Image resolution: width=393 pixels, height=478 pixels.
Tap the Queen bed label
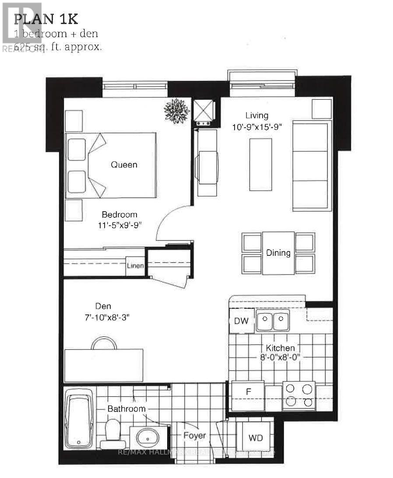pyautogui.click(x=124, y=165)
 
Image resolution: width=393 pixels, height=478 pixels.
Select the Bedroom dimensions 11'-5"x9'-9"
pyautogui.click(x=119, y=225)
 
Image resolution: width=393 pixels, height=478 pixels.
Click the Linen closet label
pyautogui.click(x=135, y=266)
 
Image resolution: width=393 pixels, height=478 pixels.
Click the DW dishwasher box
pyautogui.click(x=241, y=321)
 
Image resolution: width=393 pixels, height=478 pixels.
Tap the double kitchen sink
pyautogui.click(x=272, y=322)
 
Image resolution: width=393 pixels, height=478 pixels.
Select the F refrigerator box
pyautogui.click(x=248, y=392)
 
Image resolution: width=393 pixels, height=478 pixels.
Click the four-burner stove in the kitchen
pyautogui.click(x=299, y=395)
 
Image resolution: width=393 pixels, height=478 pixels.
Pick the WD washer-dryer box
pyautogui.click(x=255, y=438)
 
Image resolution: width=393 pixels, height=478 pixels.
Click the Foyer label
pyautogui.click(x=195, y=436)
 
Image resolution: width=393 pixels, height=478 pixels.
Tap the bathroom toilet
pyautogui.click(x=113, y=434)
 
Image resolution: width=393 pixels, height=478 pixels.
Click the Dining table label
pyautogui.click(x=278, y=253)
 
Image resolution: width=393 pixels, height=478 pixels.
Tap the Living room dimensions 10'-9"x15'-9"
pyautogui.click(x=257, y=127)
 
